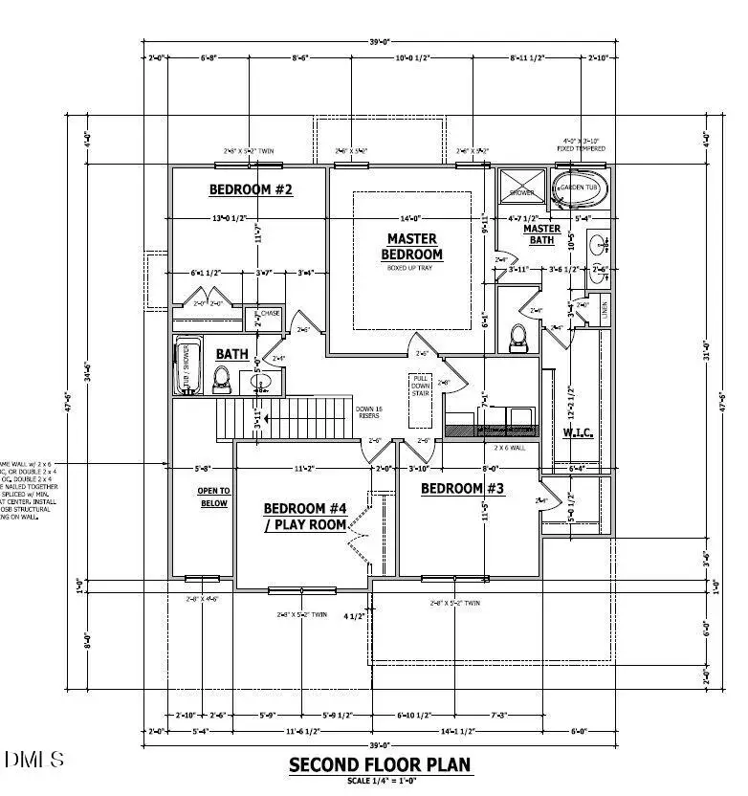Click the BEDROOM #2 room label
click(251, 189)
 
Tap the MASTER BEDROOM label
click(412, 247)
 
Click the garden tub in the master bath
click(579, 188)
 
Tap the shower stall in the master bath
click(522, 186)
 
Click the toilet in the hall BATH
click(222, 379)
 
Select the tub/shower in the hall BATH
click(187, 365)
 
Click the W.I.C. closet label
click(577, 431)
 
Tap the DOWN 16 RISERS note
click(368, 411)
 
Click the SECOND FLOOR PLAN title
click(380, 764)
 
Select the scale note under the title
click(380, 781)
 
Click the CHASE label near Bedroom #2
click(270, 313)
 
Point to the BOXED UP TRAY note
click(411, 268)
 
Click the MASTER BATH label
click(541, 234)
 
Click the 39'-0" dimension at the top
click(380, 41)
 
